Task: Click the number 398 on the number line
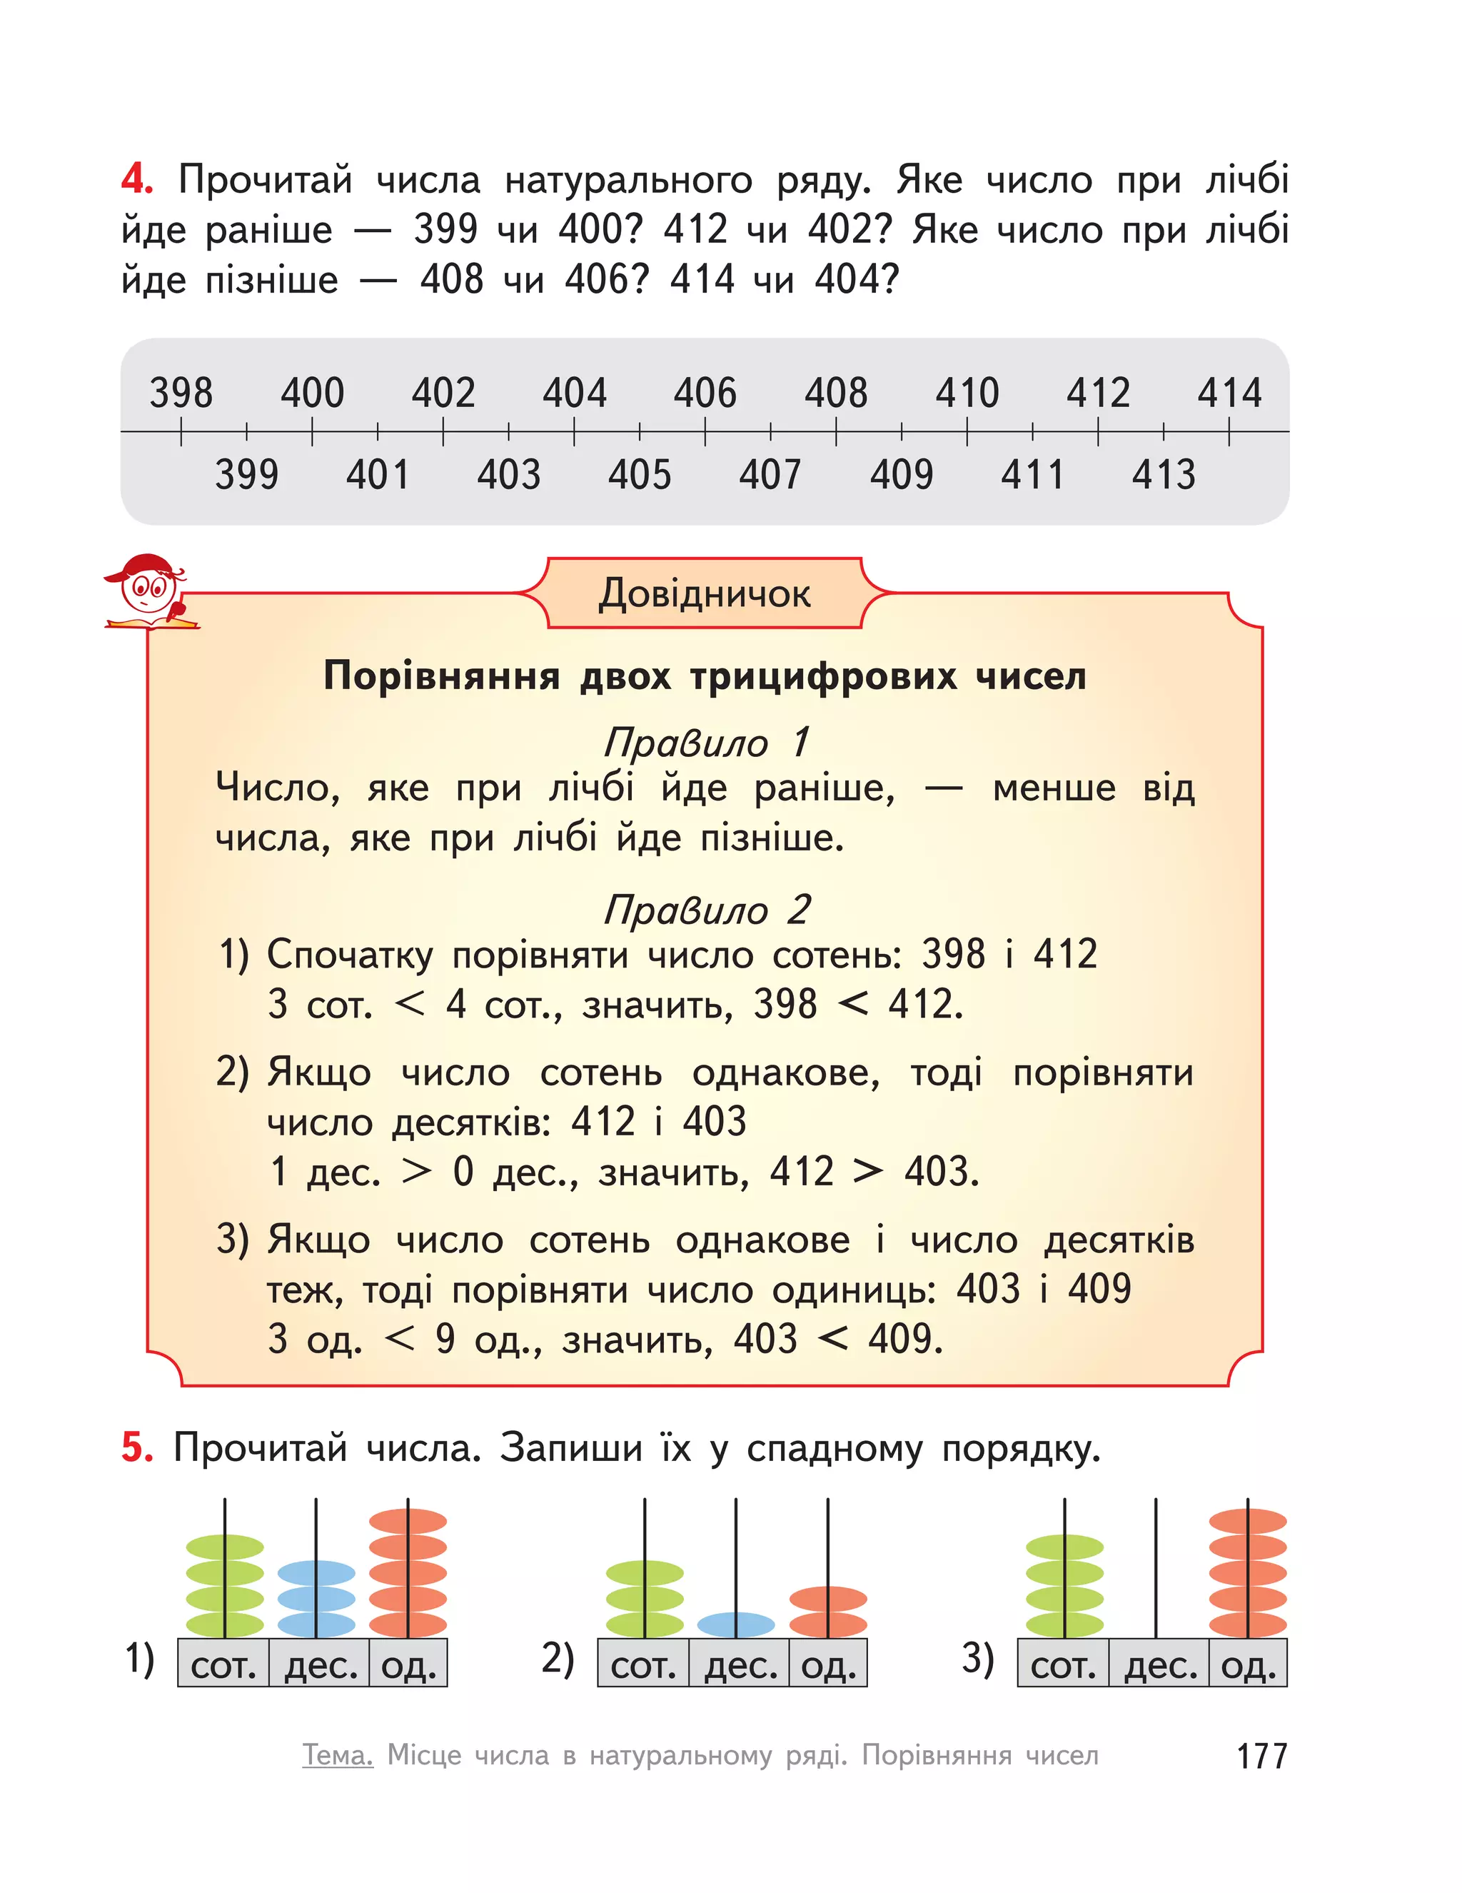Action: click(181, 393)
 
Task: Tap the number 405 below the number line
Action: click(640, 475)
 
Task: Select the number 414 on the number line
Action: click(1229, 393)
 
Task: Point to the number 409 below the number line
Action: click(902, 475)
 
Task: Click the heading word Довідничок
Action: click(705, 593)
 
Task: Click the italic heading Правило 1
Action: click(706, 742)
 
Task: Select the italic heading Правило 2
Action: click(706, 909)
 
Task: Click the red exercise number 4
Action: click(137, 179)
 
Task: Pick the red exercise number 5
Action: click(137, 1447)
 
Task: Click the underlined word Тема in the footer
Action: click(337, 1755)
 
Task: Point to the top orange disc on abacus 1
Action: click(408, 1521)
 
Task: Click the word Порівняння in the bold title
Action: click(442, 676)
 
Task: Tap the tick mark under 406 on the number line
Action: click(705, 431)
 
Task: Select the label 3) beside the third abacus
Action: click(977, 1658)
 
